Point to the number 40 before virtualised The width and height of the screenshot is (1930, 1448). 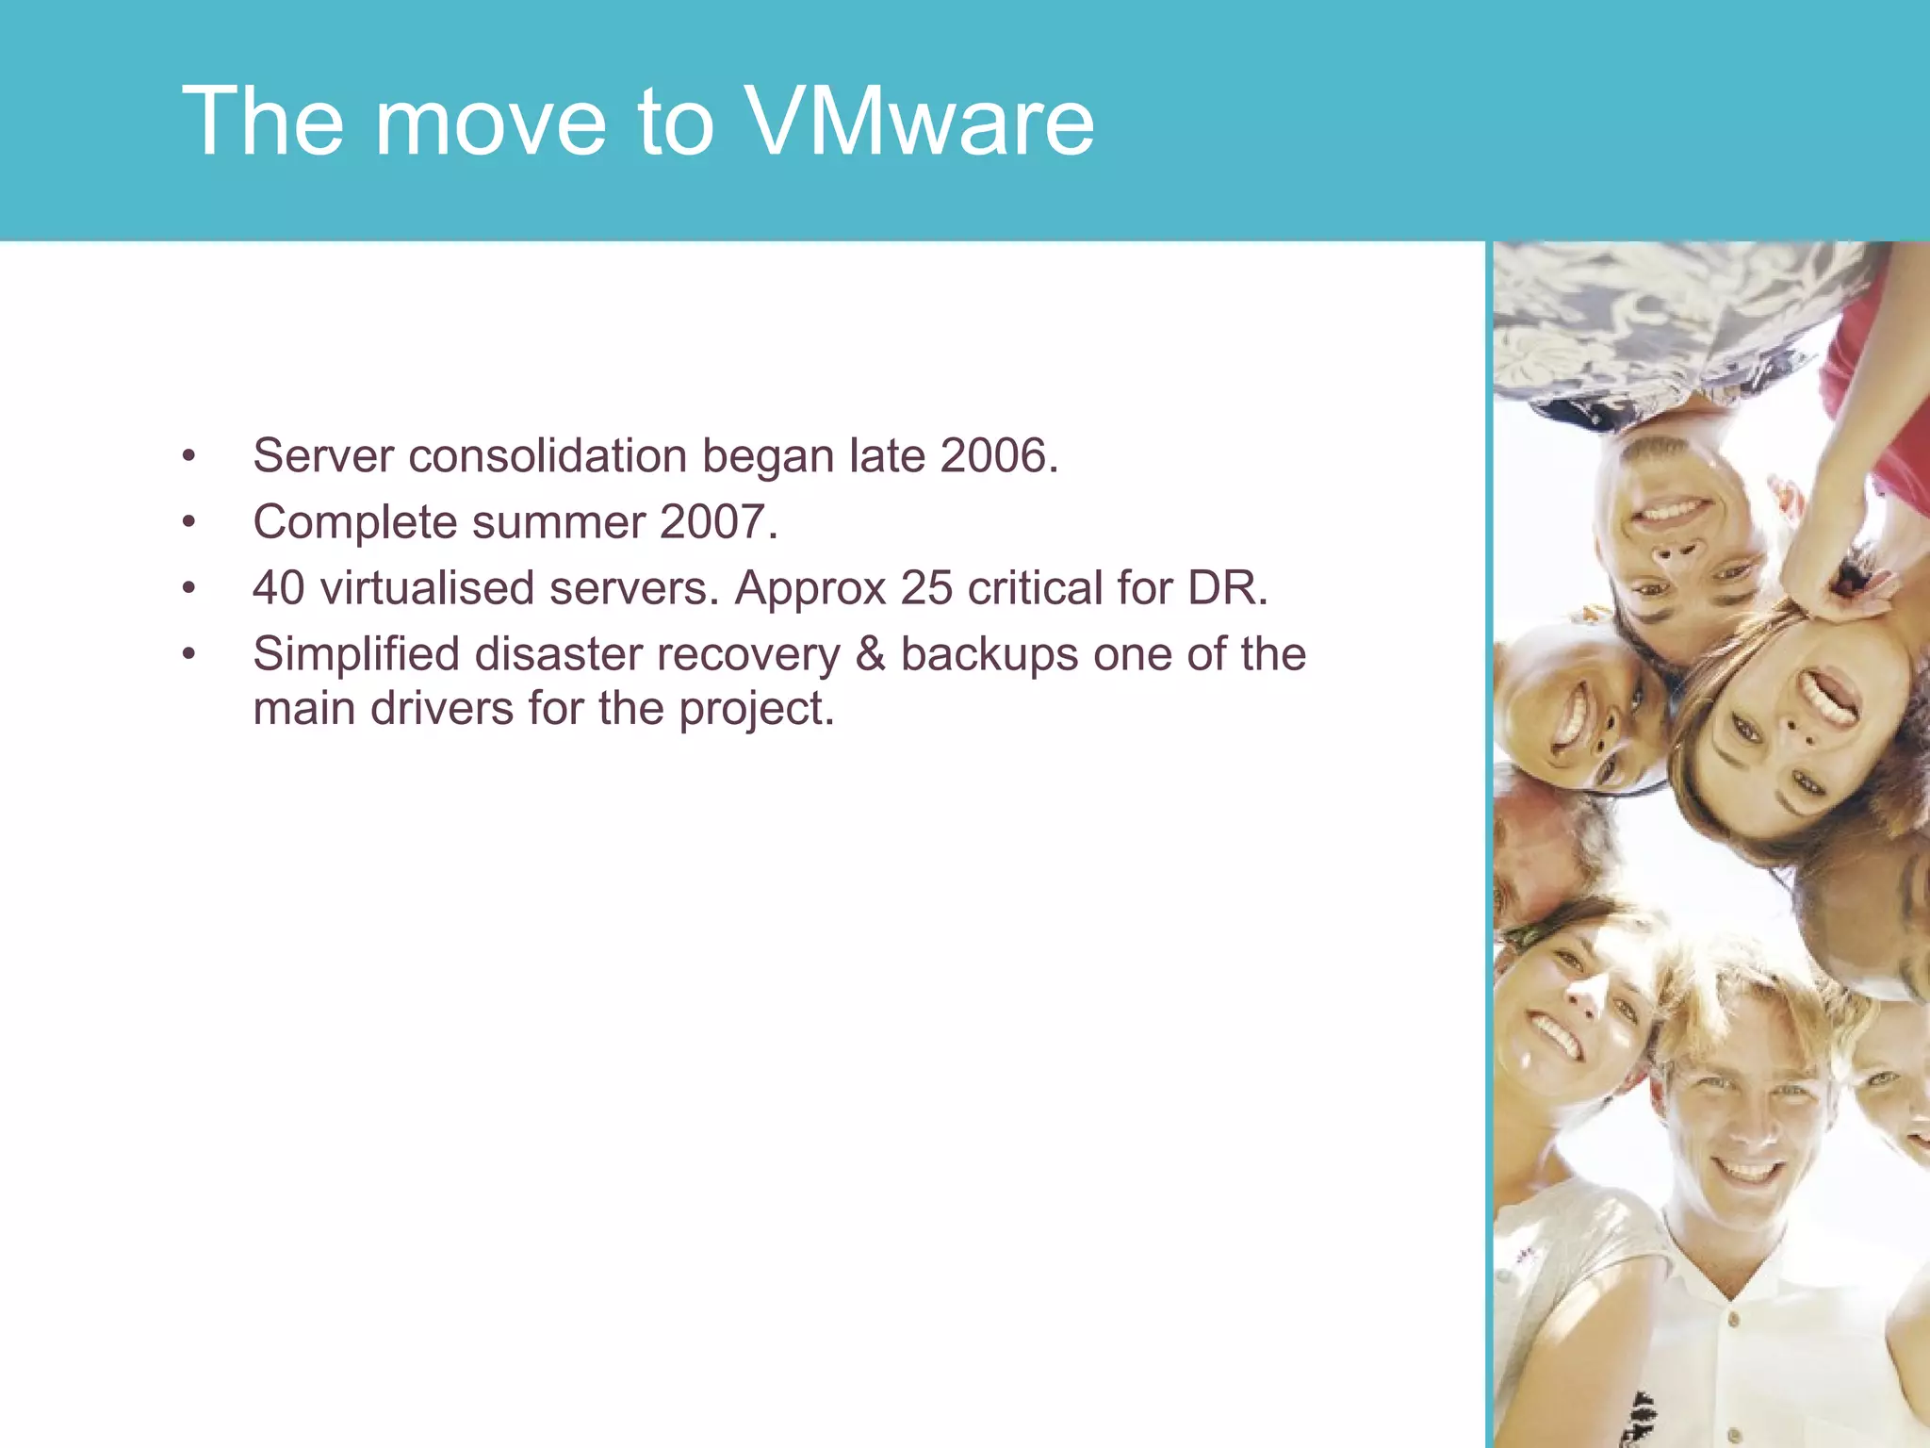[x=278, y=588]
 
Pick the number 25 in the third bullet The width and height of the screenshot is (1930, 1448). [x=926, y=588]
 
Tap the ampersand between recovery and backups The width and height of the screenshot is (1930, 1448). [x=870, y=654]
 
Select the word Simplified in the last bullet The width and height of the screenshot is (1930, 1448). [x=356, y=654]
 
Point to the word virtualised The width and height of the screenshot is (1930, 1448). [x=427, y=588]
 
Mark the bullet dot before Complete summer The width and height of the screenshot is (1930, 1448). [x=189, y=522]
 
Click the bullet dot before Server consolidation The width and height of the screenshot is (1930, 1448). [x=189, y=456]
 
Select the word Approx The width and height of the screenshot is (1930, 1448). [x=810, y=588]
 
